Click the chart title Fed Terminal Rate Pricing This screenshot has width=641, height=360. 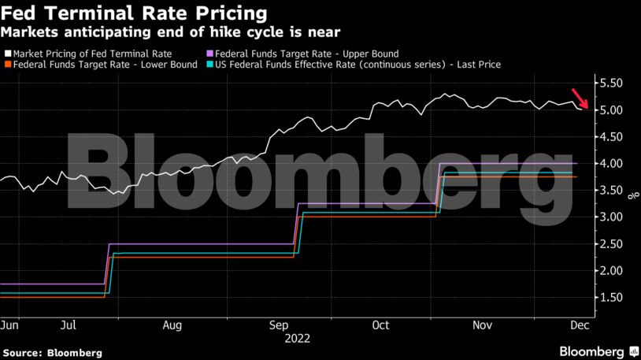(134, 13)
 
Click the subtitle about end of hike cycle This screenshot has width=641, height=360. (171, 32)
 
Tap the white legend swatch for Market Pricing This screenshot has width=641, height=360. (8, 54)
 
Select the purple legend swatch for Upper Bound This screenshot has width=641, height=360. (209, 54)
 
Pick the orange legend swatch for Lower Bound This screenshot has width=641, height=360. (8, 65)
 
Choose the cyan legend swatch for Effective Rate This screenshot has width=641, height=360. (209, 65)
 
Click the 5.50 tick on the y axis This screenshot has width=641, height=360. (611, 83)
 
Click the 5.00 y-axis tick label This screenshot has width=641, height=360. (611, 109)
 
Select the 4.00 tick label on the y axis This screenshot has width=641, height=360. (611, 163)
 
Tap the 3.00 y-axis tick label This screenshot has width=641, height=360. (611, 217)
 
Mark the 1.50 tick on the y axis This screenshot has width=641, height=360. (611, 297)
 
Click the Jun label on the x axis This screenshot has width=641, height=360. (10, 324)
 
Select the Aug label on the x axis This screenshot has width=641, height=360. (173, 324)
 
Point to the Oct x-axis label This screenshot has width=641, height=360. (381, 324)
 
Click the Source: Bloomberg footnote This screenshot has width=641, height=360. (52, 352)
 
